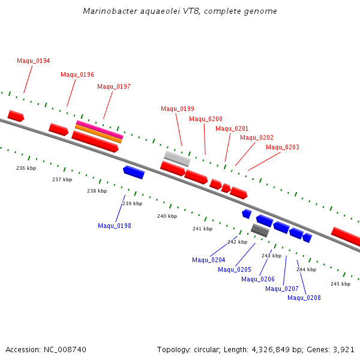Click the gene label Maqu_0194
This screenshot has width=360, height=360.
[x=34, y=61]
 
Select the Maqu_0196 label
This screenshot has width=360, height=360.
[x=77, y=75]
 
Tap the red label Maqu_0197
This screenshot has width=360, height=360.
[x=114, y=87]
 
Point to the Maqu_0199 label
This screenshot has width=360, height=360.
[x=178, y=109]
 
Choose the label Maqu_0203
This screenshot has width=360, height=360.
[x=283, y=148]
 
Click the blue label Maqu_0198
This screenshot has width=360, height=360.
[x=115, y=226]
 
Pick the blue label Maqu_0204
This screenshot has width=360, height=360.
[x=209, y=260]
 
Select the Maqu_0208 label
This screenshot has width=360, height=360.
[x=304, y=298]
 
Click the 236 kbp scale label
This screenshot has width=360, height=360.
[x=26, y=169]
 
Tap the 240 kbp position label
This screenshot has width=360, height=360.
[x=167, y=217]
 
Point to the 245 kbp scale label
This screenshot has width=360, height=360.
[x=340, y=284]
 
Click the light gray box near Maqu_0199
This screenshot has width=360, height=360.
[x=177, y=158]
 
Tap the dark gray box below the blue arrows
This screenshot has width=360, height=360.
[x=260, y=230]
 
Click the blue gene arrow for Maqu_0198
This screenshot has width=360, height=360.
[x=134, y=172]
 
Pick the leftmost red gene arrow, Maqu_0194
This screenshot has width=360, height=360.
[x=16, y=116]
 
